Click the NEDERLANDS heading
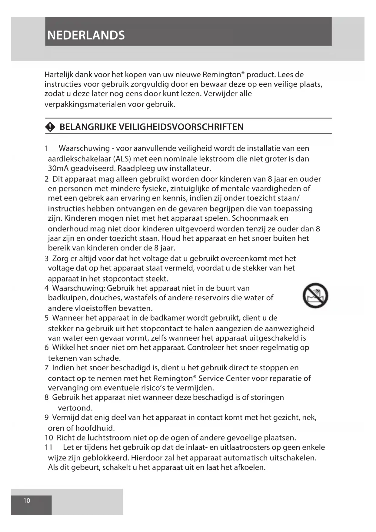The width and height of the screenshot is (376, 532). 86,35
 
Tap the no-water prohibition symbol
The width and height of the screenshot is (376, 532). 315,296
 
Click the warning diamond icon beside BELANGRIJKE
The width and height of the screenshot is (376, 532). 50,127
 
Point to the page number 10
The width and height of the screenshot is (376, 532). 27,501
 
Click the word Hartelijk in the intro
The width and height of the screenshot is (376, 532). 58,75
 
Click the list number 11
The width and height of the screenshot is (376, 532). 48,447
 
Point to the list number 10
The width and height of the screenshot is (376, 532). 49,438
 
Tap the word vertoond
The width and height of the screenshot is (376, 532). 75,408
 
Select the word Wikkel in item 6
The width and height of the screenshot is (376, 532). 63,348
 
